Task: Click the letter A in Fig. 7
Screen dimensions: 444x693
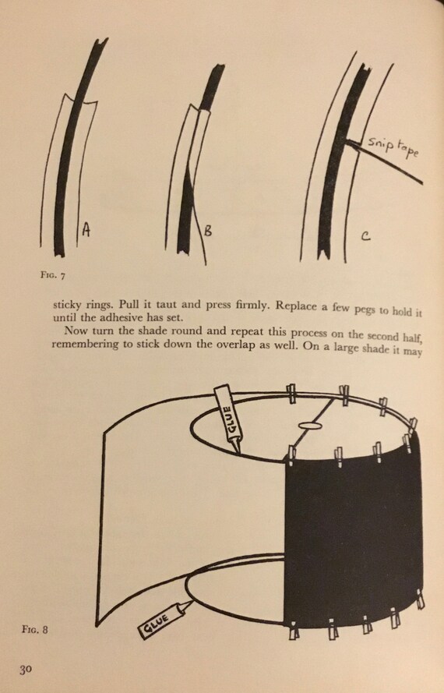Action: [86, 229]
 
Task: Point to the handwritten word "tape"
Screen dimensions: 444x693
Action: [409, 150]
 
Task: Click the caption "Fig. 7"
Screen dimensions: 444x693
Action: [53, 275]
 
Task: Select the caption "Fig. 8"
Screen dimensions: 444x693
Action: [34, 629]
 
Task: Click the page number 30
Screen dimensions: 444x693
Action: [25, 669]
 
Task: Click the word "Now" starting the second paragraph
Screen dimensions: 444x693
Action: [73, 331]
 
